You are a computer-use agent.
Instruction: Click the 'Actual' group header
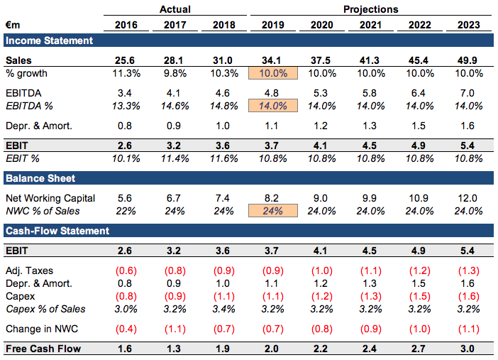click(175, 9)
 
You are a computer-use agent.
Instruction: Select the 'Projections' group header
click(370, 9)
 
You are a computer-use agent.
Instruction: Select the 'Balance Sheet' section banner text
click(40, 178)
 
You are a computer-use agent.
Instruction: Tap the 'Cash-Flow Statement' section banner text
click(57, 231)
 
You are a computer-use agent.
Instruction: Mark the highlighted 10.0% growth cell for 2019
click(273, 74)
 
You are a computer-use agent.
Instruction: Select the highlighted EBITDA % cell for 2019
click(273, 106)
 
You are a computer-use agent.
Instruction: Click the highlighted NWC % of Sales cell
click(273, 211)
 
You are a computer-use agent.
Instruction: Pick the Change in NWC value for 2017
click(175, 329)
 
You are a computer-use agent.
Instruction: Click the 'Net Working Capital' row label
click(50, 198)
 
